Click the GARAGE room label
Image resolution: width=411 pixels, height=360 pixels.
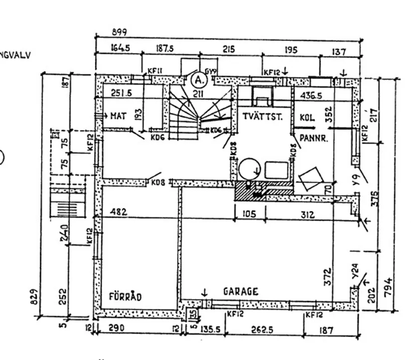coord(240,292)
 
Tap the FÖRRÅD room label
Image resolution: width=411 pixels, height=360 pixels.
coord(125,297)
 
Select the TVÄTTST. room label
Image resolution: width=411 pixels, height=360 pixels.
coord(263,117)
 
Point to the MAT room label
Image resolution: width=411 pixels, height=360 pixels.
coord(118,116)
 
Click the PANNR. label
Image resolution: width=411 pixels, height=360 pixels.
coord(313,140)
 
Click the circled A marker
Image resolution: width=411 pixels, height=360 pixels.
coord(198,80)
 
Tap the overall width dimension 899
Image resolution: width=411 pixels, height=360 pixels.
coord(119,32)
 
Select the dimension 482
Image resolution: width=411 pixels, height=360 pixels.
coord(119,212)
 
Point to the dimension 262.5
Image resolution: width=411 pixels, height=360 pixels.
coord(262,330)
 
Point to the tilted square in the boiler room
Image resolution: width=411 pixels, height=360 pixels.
coord(311,178)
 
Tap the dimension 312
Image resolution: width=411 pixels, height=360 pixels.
coord(307,214)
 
